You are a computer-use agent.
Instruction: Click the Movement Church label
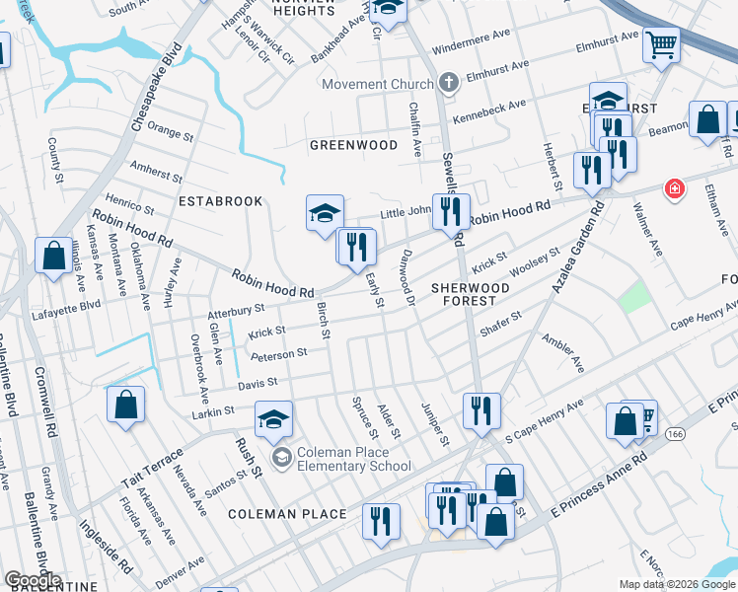tap(378, 85)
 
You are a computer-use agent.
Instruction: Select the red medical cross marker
tap(675, 187)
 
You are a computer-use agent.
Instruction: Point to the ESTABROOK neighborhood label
tap(220, 201)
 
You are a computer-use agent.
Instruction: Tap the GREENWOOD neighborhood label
tap(353, 145)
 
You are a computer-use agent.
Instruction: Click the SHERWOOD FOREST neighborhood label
tap(471, 295)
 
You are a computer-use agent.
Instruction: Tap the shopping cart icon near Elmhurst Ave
tap(661, 44)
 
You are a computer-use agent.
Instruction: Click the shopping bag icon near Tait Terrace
tap(126, 405)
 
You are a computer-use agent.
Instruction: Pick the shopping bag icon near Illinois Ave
tap(52, 255)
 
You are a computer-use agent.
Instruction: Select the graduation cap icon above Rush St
tap(274, 418)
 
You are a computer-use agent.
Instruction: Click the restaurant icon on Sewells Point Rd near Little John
tap(450, 211)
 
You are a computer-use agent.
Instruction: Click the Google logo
tap(33, 580)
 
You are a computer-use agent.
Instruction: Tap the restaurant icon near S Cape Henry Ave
tap(481, 409)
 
